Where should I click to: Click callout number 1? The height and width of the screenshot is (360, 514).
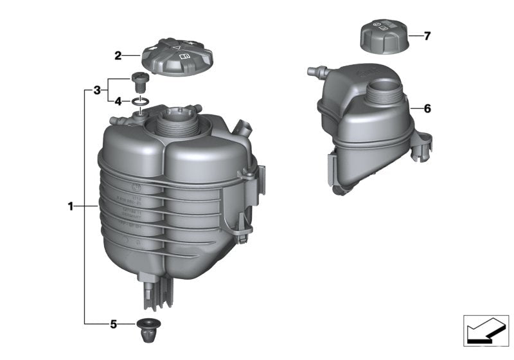[70, 206]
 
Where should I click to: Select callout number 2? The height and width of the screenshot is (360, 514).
[118, 56]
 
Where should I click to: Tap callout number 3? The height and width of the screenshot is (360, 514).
[96, 90]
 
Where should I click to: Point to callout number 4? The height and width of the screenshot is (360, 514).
[118, 101]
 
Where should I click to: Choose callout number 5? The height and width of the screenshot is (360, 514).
[113, 325]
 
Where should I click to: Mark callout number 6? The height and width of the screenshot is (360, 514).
[427, 109]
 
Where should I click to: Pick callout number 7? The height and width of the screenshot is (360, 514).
[427, 36]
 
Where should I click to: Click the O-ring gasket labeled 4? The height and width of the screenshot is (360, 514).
[142, 102]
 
